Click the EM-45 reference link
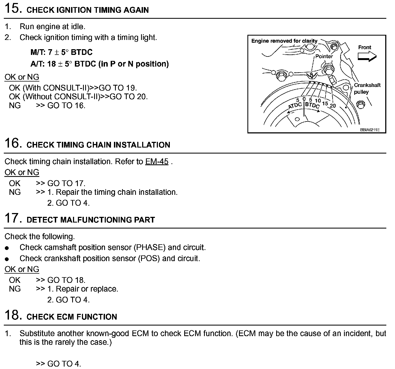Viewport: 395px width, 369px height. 157,161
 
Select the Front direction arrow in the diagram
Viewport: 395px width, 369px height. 367,56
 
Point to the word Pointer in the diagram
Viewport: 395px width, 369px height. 324,56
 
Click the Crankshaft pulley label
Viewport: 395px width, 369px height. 367,88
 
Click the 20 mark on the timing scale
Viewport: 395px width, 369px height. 333,106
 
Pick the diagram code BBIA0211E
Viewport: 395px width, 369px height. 369,130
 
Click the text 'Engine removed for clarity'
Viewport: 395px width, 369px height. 284,41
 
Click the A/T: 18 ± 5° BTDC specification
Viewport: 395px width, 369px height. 99,64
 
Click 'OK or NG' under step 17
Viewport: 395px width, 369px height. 22,269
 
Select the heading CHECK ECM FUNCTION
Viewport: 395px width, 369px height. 72,317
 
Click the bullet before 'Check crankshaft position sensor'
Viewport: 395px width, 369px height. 7,259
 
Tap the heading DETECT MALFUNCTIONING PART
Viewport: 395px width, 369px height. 91,220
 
